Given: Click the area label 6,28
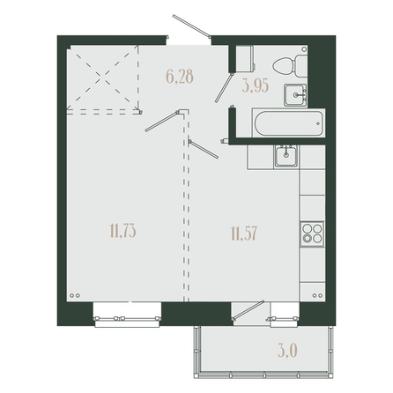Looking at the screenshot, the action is [x=180, y=77].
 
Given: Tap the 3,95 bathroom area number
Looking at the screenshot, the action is [x=256, y=86].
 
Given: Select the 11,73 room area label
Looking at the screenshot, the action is [x=123, y=231].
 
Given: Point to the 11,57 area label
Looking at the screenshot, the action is [x=244, y=234].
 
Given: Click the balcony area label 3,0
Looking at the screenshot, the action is [x=288, y=351].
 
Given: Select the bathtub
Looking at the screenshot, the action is [x=289, y=123].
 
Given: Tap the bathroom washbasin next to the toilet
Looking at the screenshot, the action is [x=295, y=95].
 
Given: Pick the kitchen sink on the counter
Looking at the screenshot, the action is [x=285, y=156].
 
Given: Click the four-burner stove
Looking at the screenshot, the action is [x=312, y=234].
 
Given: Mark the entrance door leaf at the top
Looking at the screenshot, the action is [x=191, y=26].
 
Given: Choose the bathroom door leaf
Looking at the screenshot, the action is [x=224, y=87].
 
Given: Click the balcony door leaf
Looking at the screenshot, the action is [x=248, y=310].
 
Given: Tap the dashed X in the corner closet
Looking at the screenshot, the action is [x=102, y=78].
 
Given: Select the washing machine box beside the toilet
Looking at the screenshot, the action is [x=245, y=58].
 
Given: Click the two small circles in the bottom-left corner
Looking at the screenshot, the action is [x=75, y=295].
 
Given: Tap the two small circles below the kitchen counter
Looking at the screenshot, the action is [x=317, y=295].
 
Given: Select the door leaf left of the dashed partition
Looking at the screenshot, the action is [x=162, y=121].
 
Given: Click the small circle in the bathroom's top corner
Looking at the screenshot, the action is [x=304, y=49].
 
